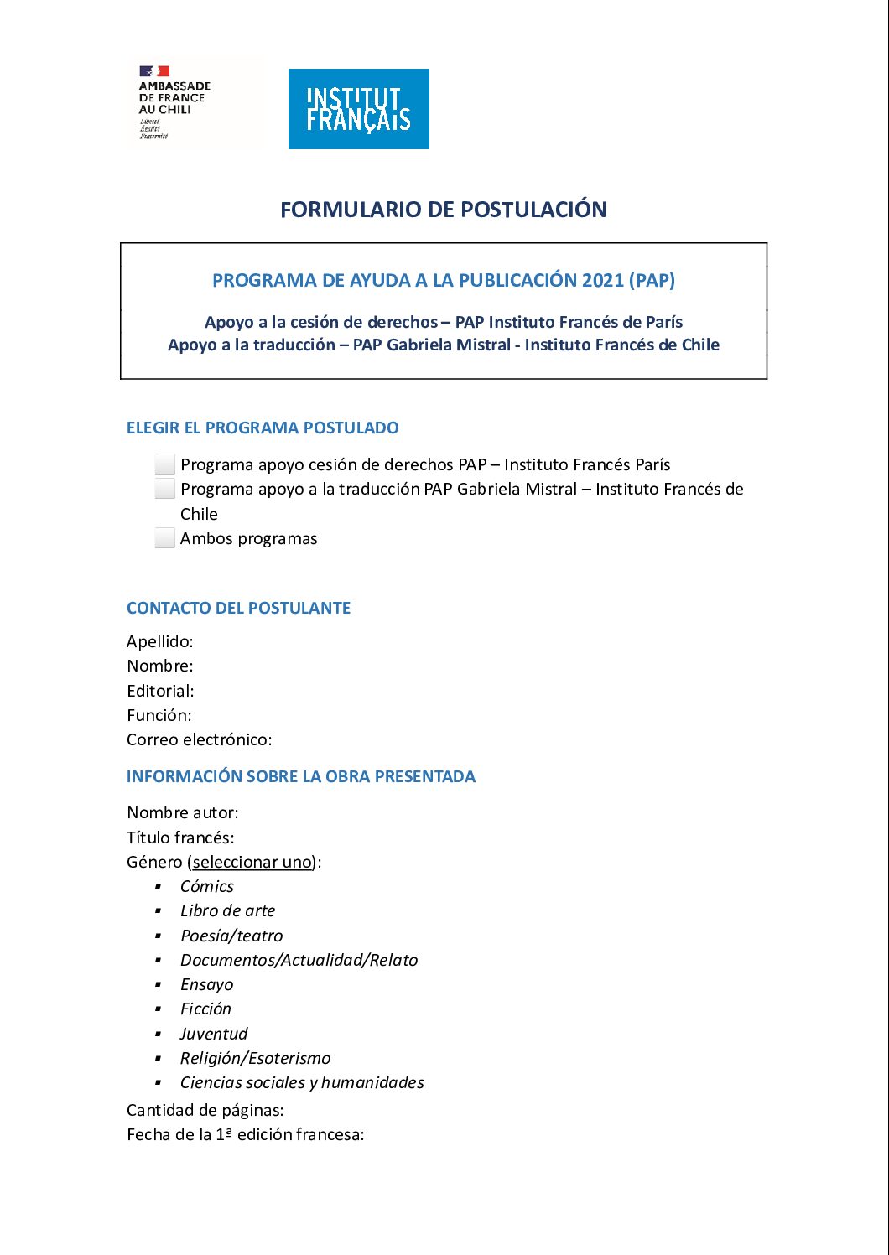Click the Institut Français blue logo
358,109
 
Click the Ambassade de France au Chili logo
175,102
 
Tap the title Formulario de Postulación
443,210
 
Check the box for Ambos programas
165,538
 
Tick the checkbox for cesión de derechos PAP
165,464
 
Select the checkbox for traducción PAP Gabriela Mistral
165,489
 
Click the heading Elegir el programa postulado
263,428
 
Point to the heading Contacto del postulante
238,608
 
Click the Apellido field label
159,641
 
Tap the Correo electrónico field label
199,739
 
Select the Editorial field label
160,691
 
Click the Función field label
159,715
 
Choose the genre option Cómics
207,886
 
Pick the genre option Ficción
205,1009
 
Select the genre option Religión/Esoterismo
255,1058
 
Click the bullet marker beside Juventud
158,1034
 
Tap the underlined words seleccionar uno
252,862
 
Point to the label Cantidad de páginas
205,1110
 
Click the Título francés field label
180,837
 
